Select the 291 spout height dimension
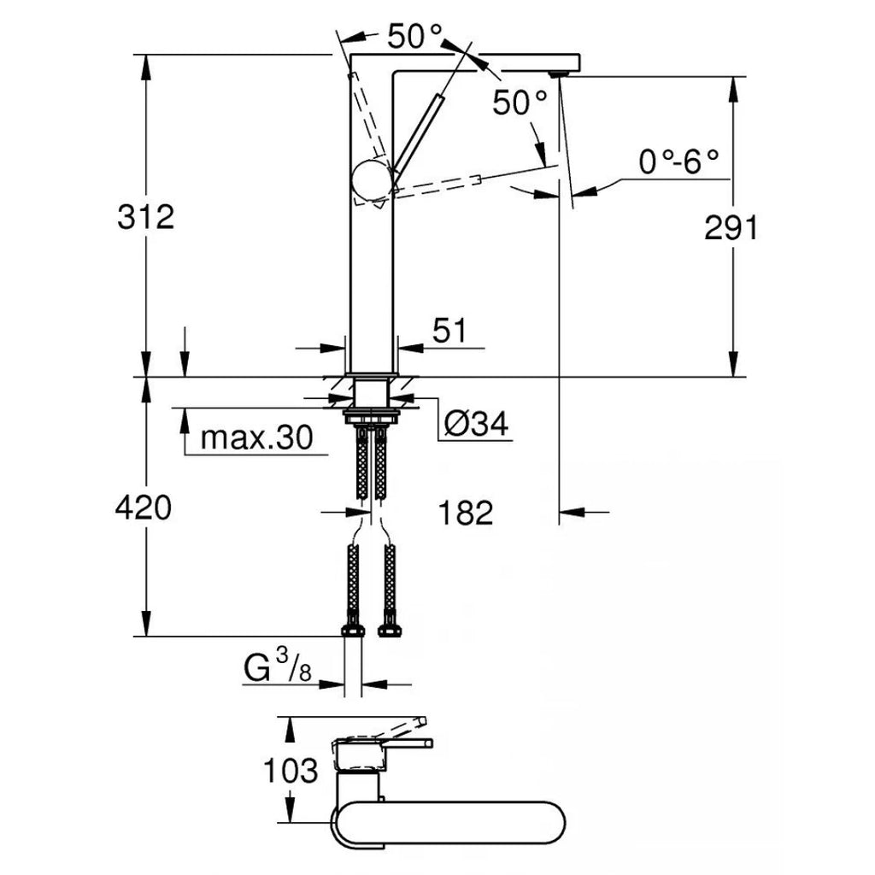731,228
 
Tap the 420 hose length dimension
144,509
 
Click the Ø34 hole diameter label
477,422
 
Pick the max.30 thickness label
256,438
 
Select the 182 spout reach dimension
466,513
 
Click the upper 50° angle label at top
415,36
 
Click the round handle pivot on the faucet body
371,181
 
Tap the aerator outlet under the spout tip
559,73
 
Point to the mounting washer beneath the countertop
371,417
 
